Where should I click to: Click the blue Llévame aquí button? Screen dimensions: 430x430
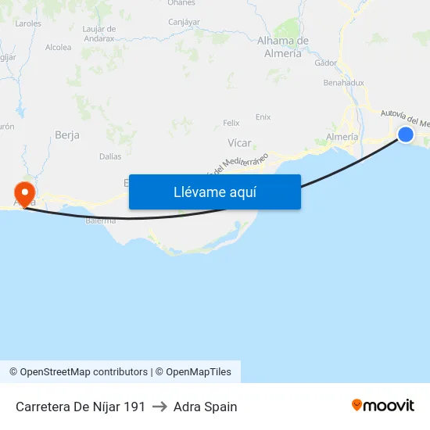pos(214,192)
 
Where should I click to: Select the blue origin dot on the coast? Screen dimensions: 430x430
pos(406,134)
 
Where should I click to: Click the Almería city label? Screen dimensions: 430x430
pos(342,137)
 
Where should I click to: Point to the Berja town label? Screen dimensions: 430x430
pos(67,135)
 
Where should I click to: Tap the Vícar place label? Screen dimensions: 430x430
pos(239,143)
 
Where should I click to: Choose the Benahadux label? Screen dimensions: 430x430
pos(343,82)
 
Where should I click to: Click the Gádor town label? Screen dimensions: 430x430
pos(324,63)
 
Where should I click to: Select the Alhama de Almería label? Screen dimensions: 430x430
pos(283,47)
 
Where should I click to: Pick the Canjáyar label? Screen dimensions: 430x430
pos(185,22)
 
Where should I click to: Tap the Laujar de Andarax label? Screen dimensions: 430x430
pos(99,33)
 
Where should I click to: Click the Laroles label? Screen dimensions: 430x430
pos(28,23)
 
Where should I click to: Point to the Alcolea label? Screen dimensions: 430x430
pos(58,47)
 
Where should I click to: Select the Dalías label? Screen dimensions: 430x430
pos(110,156)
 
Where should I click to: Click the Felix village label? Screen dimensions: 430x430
pos(231,123)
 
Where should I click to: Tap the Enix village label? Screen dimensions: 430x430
pos(263,116)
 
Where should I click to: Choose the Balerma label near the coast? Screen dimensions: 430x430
pos(100,220)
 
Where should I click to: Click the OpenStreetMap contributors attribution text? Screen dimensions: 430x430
pos(84,372)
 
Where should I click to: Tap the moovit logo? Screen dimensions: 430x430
pos(383,406)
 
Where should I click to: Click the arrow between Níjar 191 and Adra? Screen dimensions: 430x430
pos(159,407)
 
